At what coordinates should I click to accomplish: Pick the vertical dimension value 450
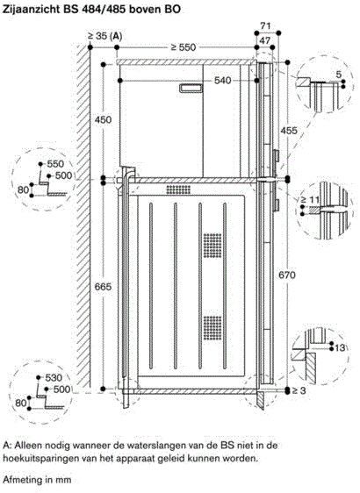click(104, 120)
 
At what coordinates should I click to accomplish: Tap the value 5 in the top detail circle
click(339, 75)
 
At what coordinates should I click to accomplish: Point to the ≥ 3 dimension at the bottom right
click(299, 390)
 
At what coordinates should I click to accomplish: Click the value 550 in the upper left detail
click(55, 164)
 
